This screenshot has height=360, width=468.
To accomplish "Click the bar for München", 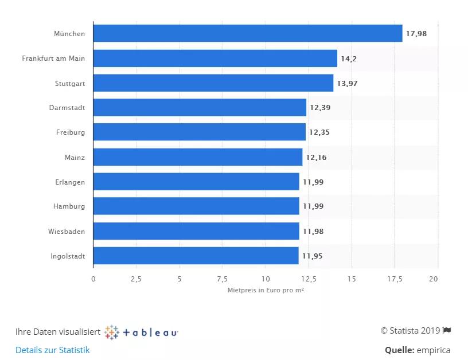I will [247, 33].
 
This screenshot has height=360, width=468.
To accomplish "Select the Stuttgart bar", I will [213, 83].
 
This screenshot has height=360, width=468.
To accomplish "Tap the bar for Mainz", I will [197, 157].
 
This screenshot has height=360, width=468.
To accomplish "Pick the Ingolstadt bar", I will [196, 256].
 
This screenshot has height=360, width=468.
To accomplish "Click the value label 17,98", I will [416, 34].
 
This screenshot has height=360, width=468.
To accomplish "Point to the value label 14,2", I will [349, 58].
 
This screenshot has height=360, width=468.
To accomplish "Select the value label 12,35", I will [319, 132].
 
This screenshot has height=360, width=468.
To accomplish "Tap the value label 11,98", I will [312, 231].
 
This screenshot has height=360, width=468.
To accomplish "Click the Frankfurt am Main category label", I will [53, 58].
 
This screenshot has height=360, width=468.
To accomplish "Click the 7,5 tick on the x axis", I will [222, 279].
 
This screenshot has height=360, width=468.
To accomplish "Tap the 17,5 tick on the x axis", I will [395, 279].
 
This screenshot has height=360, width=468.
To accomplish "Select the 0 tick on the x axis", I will [93, 279].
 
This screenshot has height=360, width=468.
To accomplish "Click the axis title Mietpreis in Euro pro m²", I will [266, 291].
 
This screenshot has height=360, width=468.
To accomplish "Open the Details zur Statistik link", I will [53, 350].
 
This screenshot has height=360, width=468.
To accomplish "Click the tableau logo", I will [142, 332].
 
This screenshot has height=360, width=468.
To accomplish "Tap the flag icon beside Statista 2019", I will [447, 330].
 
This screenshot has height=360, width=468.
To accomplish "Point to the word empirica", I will [434, 350].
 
